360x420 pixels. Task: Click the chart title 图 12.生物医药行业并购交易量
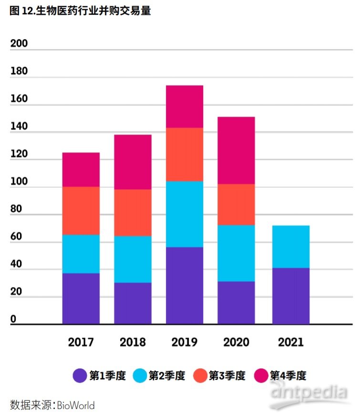point(80,10)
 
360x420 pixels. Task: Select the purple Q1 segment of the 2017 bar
point(81,298)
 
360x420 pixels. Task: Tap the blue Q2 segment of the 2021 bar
point(291,246)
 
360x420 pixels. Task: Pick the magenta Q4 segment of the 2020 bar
point(236,150)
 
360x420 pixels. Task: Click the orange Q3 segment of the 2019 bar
point(185,154)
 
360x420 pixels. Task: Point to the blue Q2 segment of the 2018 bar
point(133,259)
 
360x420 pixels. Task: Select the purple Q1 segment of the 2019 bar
point(185,285)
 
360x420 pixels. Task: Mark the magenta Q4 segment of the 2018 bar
point(133,162)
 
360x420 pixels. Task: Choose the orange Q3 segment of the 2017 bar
point(81,210)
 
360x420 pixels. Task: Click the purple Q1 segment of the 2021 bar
point(291,296)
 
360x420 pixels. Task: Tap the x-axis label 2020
point(236,342)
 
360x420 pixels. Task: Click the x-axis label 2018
point(133,342)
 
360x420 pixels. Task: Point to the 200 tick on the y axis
point(19,43)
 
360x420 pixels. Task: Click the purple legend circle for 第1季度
point(80,376)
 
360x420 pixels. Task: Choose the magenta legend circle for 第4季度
point(261,376)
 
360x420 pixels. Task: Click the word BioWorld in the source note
point(76,406)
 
